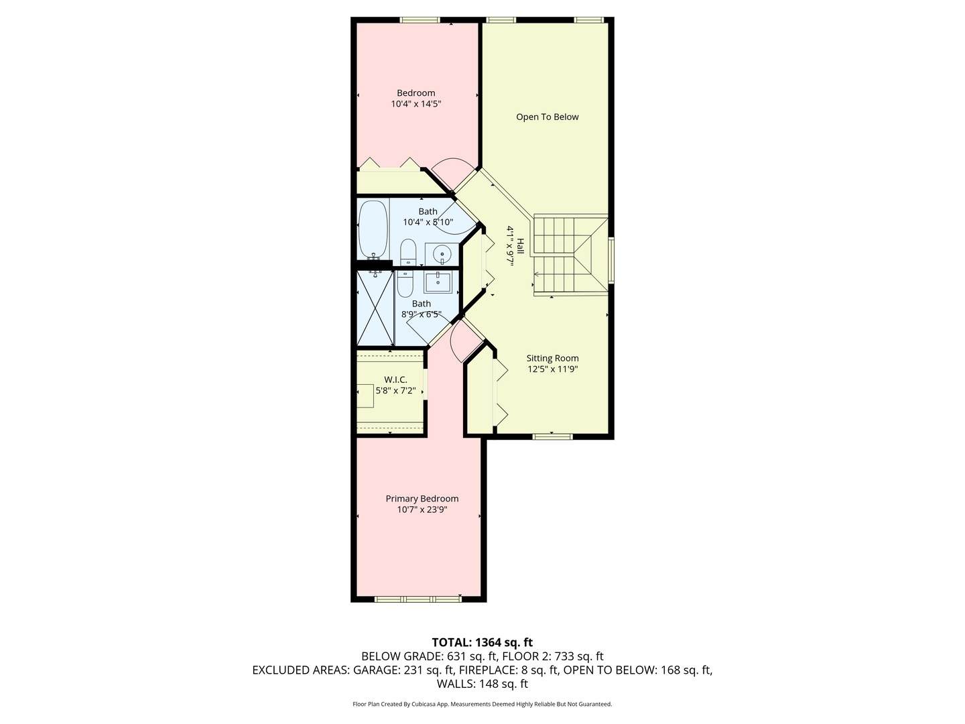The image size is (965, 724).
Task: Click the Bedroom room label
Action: click(415, 93)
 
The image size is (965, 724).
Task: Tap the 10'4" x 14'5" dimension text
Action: click(415, 104)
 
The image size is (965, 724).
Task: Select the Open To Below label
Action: click(547, 117)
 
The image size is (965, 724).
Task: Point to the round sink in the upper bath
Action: click(442, 254)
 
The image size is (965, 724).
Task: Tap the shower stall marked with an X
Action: click(375, 308)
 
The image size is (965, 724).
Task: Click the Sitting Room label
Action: click(552, 358)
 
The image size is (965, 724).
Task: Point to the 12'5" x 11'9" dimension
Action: click(552, 369)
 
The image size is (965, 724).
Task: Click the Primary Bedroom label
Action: click(422, 499)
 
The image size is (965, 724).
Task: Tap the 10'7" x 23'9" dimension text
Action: click(422, 509)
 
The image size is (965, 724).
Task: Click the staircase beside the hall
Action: click(570, 255)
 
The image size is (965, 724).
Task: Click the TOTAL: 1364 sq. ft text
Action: click(482, 642)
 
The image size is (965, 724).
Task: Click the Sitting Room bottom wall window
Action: click(552, 436)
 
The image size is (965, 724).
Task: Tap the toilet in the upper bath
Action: click(408, 253)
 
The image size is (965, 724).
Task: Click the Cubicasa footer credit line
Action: click(482, 704)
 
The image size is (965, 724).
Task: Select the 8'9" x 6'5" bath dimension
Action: click(421, 314)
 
